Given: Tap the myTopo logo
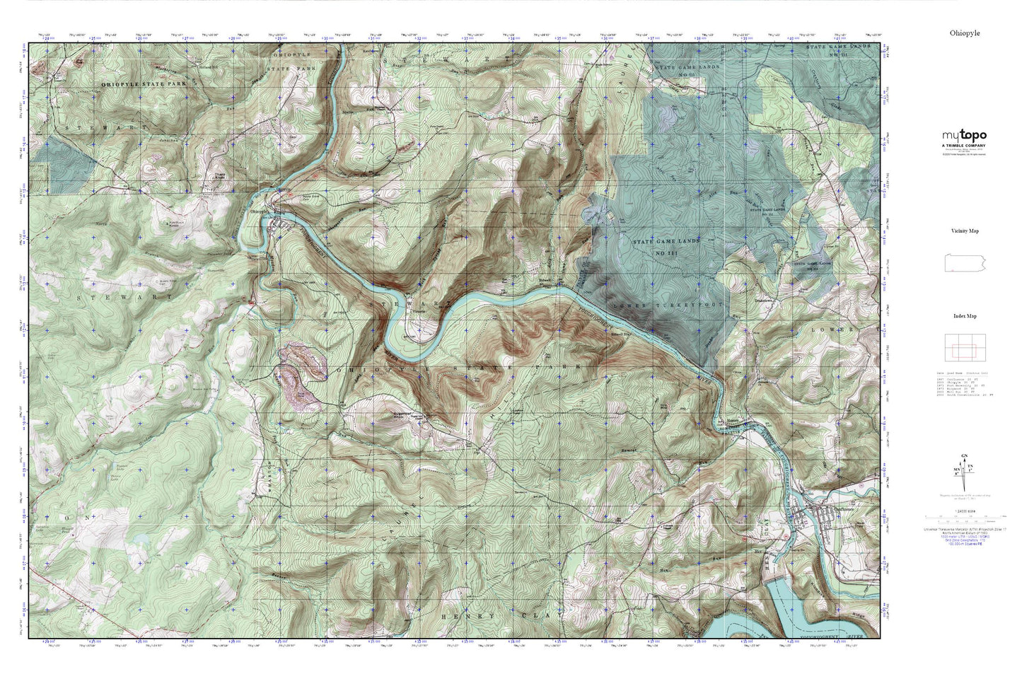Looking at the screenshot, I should pyautogui.click(x=963, y=136).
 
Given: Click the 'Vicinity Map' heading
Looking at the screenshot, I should pyautogui.click(x=963, y=231).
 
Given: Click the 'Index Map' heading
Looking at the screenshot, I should pyautogui.click(x=963, y=316).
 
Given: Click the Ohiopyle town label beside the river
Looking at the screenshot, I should pyautogui.click(x=258, y=210).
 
